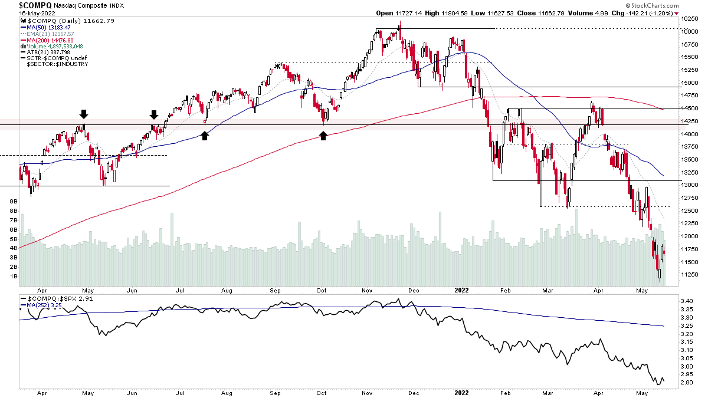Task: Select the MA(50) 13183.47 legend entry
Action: coord(48,27)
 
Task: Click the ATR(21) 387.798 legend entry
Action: coord(47,52)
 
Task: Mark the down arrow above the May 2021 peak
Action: coord(84,114)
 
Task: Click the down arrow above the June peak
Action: coord(153,114)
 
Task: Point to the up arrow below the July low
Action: coord(205,136)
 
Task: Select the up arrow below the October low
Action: coord(323,136)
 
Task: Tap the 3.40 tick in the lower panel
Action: coord(687,301)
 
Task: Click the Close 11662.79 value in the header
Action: coord(540,12)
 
